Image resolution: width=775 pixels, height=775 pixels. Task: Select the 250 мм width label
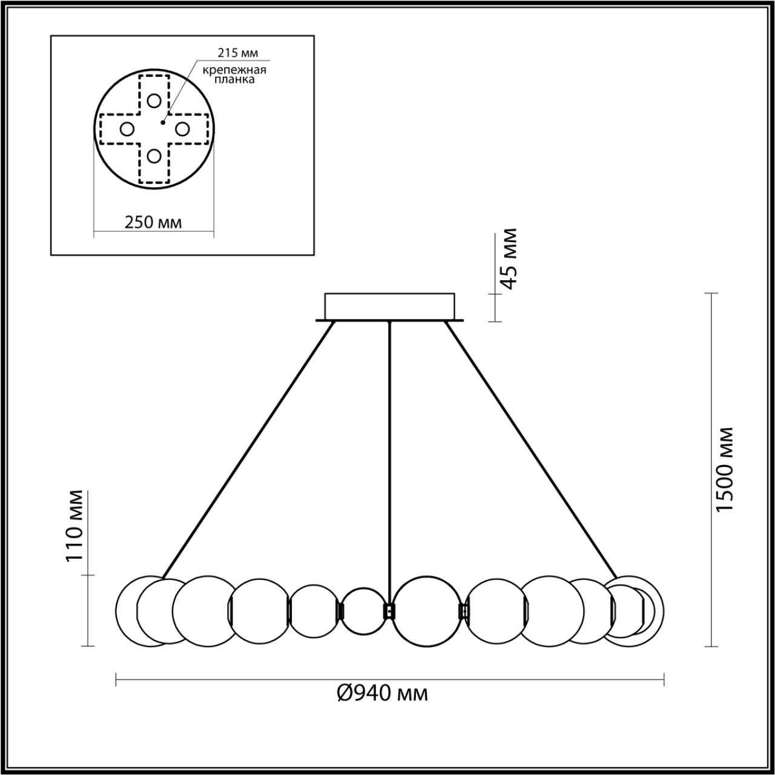pos(153,222)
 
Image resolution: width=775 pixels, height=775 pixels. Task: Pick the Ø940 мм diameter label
pos(382,692)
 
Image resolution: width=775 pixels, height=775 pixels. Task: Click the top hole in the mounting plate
pos(154,101)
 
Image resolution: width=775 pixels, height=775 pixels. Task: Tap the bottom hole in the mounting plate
pos(154,156)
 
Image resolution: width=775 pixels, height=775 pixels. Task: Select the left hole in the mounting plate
pos(127,128)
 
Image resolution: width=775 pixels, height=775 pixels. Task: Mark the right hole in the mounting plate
pos(182,128)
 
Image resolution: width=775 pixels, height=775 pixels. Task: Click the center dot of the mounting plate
pos(162,122)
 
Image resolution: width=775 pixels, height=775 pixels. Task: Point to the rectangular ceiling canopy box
pos(389,306)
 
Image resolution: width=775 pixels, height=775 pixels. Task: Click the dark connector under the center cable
pos(389,610)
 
